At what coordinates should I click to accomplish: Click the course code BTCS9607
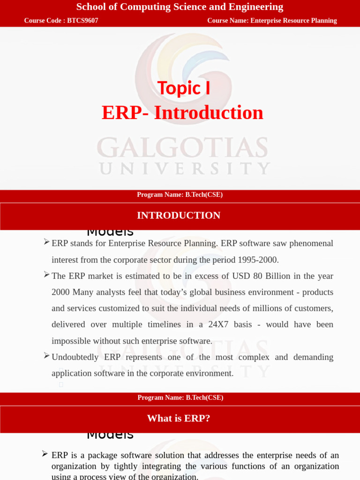(82, 21)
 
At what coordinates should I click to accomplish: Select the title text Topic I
(184, 88)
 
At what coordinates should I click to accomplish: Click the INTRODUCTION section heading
(179, 216)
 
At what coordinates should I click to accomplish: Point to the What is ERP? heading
(179, 418)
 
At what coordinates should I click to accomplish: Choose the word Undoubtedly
(75, 357)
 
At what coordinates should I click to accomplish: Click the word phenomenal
(310, 243)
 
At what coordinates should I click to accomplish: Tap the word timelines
(166, 324)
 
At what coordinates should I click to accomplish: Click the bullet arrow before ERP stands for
(46, 242)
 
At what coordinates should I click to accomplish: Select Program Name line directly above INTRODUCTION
(180, 195)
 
